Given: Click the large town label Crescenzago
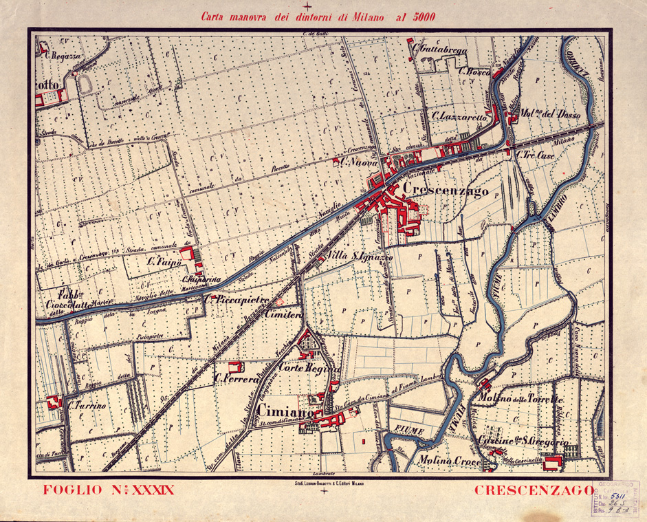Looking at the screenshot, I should point(447,188).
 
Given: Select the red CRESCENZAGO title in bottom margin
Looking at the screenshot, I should point(534,490).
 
